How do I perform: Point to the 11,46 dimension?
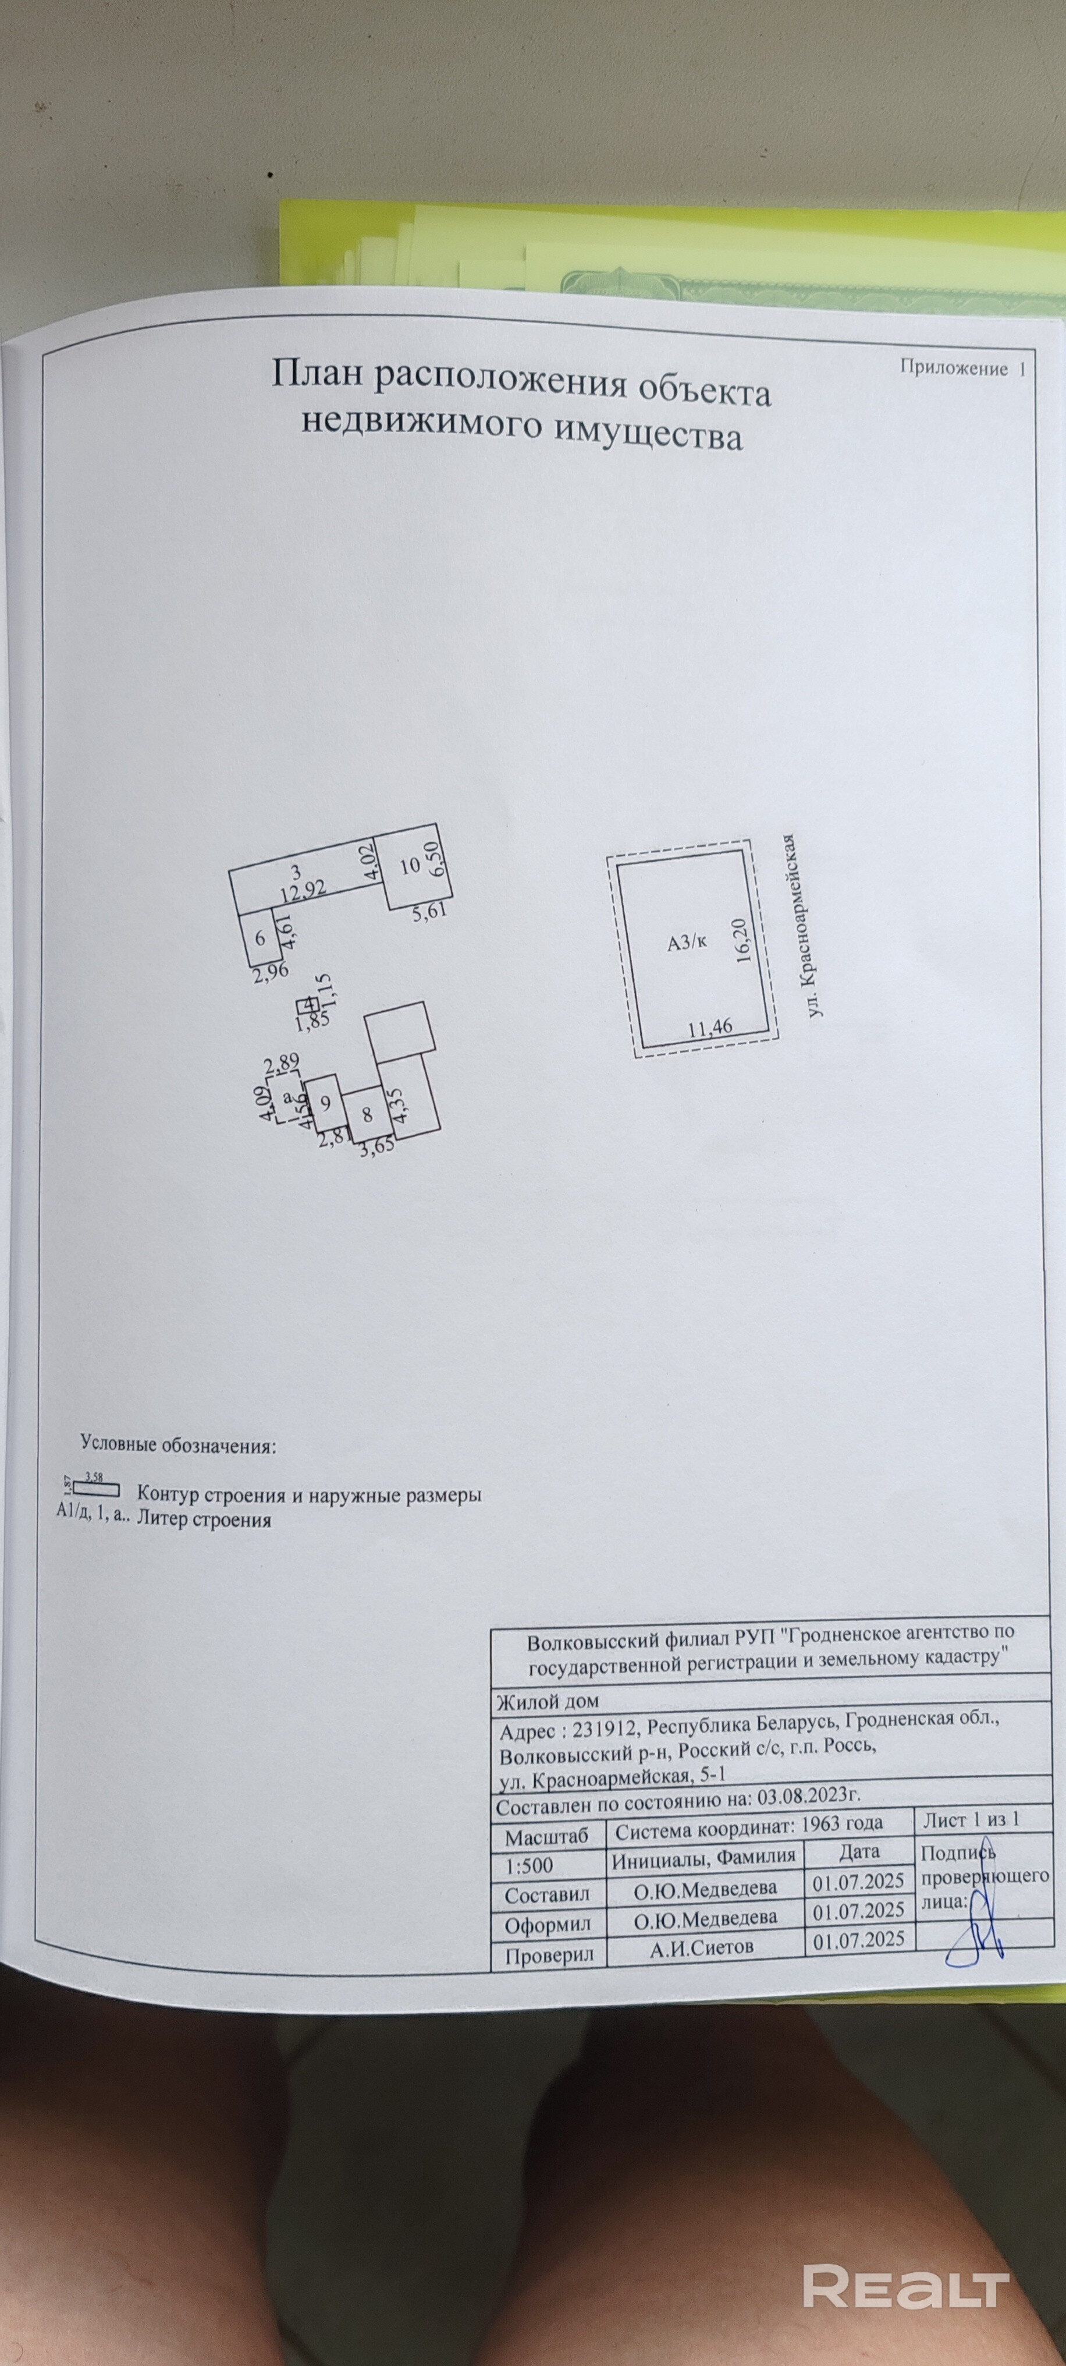pos(710,1026)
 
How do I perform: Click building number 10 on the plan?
pos(410,865)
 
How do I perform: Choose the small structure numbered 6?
pos(260,938)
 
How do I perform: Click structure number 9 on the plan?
pos(324,1102)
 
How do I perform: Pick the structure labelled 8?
pos(367,1115)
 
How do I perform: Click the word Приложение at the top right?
pos(953,369)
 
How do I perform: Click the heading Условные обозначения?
pos(178,1446)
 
